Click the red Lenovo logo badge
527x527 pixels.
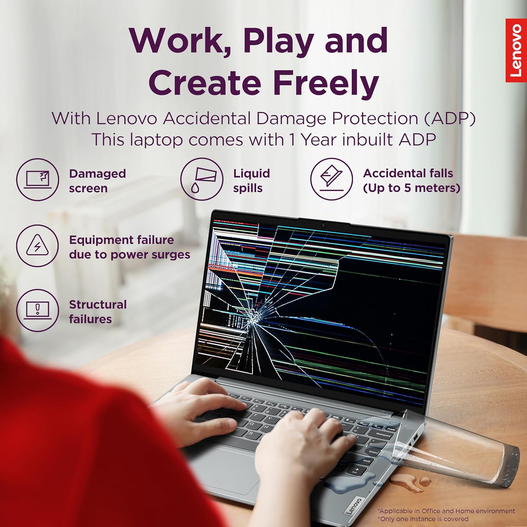coord(516,50)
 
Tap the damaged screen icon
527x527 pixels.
coord(38,180)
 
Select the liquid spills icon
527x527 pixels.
coord(202,179)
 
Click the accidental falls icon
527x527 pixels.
coord(331,179)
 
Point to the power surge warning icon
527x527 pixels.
coord(38,246)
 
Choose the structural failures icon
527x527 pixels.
coord(38,310)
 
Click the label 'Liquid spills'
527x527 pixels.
coord(252,181)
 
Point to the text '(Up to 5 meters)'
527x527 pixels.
coord(411,188)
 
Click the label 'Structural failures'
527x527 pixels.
coord(98,312)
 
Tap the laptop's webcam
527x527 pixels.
coord(323,225)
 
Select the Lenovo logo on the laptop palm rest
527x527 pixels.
coord(354,506)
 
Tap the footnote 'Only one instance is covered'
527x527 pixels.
coord(424,519)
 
